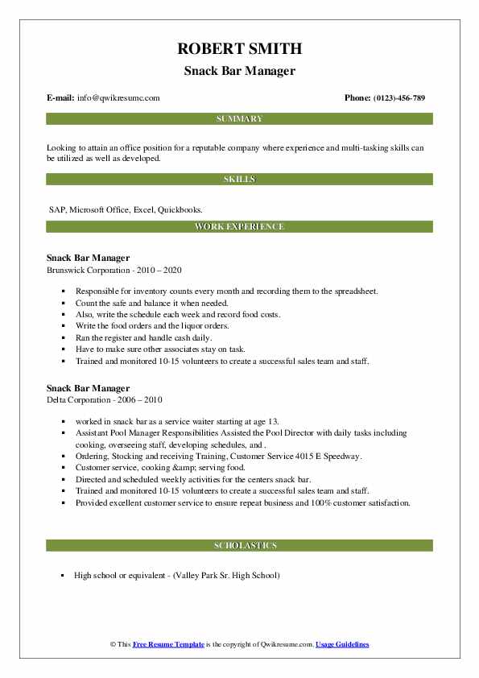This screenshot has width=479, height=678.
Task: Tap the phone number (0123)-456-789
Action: pyautogui.click(x=397, y=98)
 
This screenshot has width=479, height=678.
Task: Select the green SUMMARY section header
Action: pyautogui.click(x=239, y=119)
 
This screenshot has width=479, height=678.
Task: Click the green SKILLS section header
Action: pyautogui.click(x=239, y=179)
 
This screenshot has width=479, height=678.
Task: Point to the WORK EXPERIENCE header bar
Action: pyautogui.click(x=239, y=227)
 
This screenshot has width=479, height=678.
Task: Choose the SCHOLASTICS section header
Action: pyautogui.click(x=239, y=545)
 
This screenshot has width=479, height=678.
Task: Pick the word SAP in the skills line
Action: pyautogui.click(x=57, y=209)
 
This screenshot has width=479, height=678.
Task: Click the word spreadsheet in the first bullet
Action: pyautogui.click(x=355, y=291)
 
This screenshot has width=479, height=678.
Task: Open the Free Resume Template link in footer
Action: pyautogui.click(x=168, y=645)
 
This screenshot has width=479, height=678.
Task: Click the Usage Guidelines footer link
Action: pyautogui.click(x=342, y=645)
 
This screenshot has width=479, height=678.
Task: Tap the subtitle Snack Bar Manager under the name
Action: pyautogui.click(x=239, y=71)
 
